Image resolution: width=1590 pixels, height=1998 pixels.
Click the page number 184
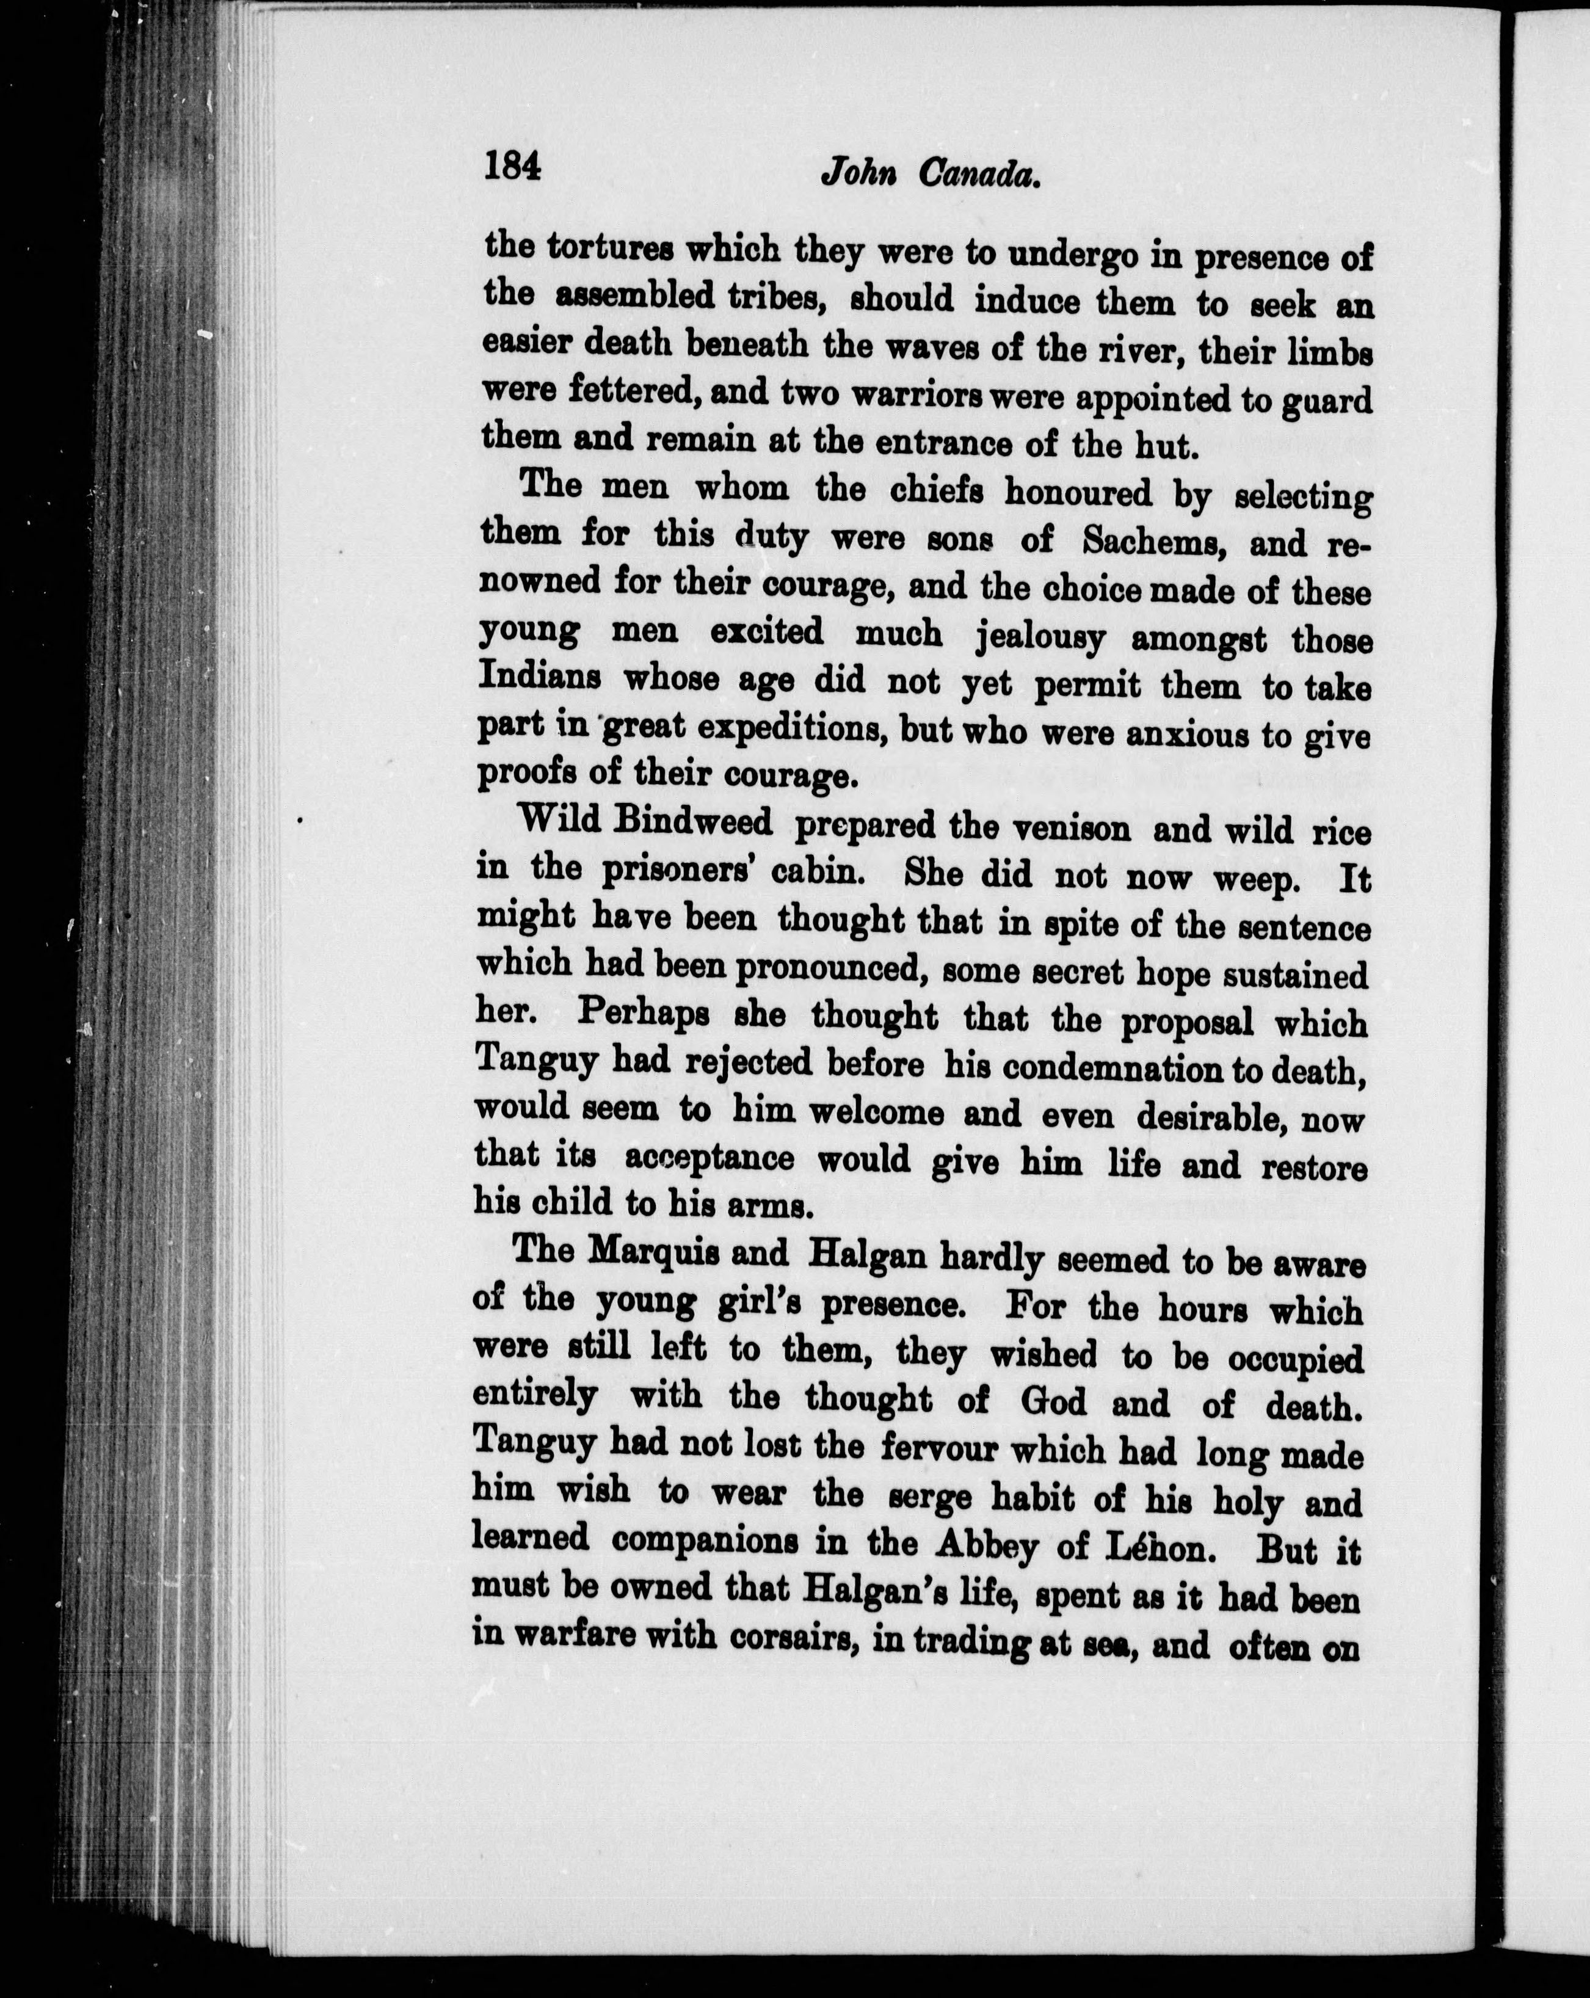(x=510, y=168)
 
